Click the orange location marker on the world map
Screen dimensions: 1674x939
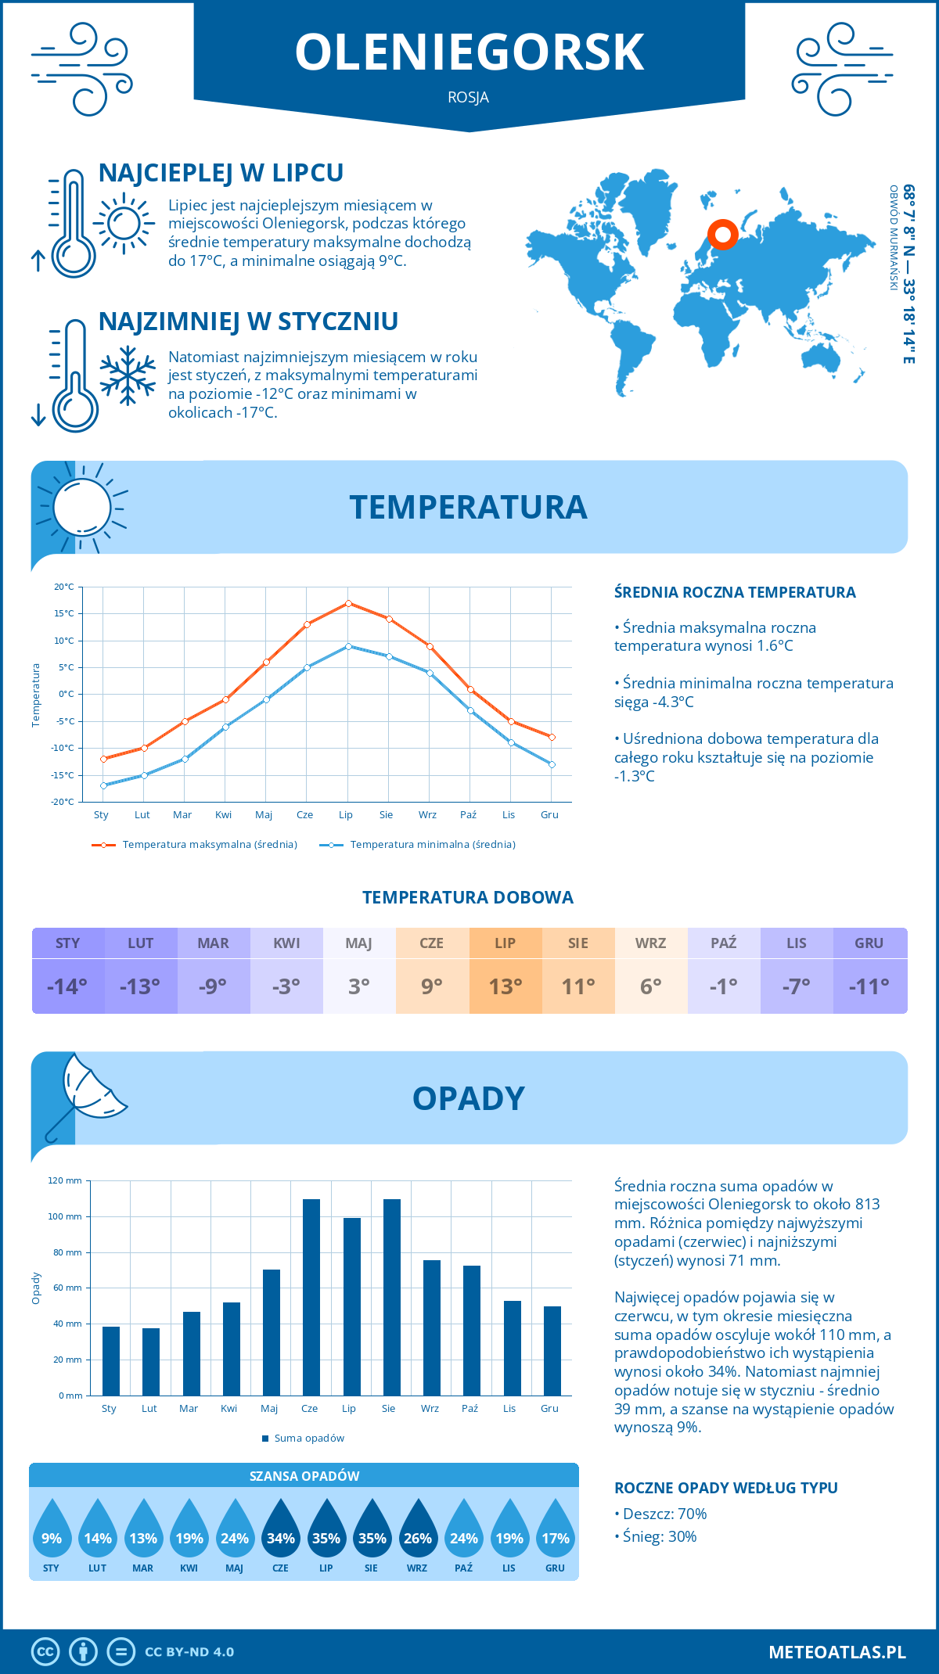click(723, 234)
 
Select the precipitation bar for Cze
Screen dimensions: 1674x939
click(311, 1297)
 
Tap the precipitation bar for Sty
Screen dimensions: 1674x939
click(111, 1361)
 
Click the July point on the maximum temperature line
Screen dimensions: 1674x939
click(348, 603)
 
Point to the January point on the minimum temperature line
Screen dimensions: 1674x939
click(103, 785)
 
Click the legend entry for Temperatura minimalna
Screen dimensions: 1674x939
click(419, 845)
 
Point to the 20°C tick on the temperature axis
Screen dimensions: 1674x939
click(64, 587)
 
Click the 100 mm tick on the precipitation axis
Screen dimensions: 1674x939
click(65, 1216)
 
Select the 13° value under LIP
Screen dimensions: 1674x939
click(505, 986)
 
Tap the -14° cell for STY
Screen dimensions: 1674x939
click(67, 986)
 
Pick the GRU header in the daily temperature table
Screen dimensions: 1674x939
click(869, 943)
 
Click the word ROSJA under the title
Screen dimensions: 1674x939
click(469, 98)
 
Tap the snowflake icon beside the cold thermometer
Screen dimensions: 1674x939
click(128, 375)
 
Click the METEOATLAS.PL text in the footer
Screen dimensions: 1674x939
click(837, 1652)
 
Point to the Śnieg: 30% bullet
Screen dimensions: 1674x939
click(656, 1536)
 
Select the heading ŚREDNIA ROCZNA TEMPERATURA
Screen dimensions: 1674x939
click(735, 592)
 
